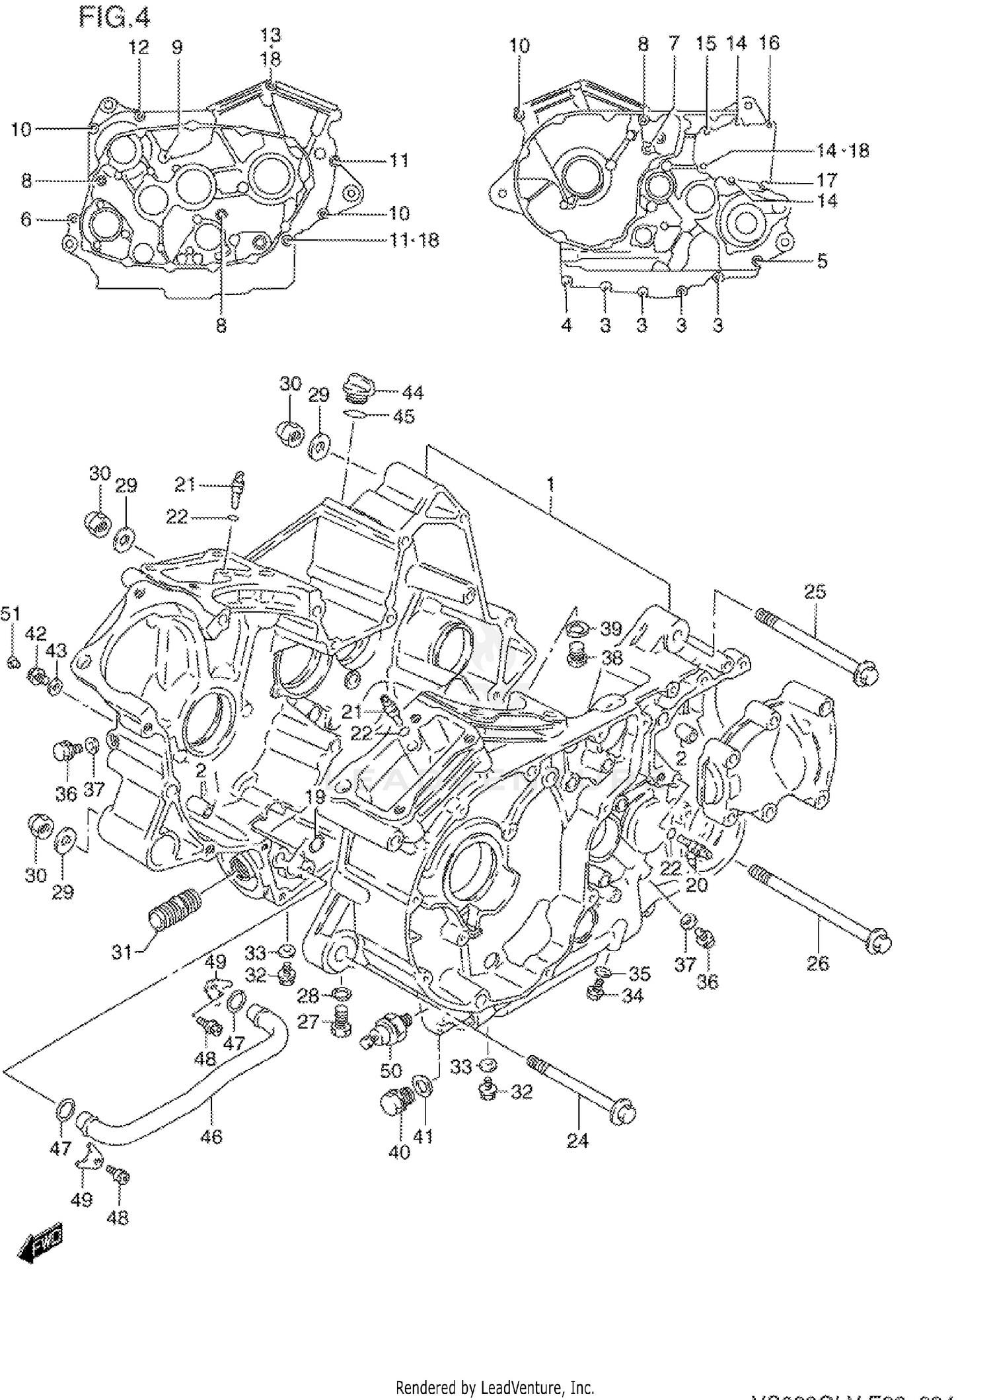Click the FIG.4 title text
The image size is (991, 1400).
pyautogui.click(x=114, y=17)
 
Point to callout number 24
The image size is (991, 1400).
pyautogui.click(x=577, y=1159)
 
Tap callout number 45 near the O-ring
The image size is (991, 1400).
pyautogui.click(x=403, y=416)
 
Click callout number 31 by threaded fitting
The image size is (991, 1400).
pyautogui.click(x=121, y=953)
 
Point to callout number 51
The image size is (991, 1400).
pyautogui.click(x=10, y=613)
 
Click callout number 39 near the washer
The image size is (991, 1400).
pyautogui.click(x=611, y=629)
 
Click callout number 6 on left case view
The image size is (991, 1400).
pyautogui.click(x=26, y=219)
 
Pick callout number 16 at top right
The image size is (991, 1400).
pyautogui.click(x=768, y=43)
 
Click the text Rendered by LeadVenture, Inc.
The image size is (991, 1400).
pyautogui.click(x=494, y=1386)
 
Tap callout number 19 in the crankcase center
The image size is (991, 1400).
pyautogui.click(x=315, y=797)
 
